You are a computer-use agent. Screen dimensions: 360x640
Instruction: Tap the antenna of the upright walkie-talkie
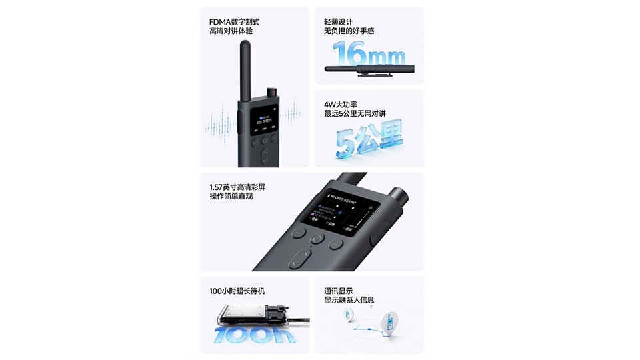[245, 70]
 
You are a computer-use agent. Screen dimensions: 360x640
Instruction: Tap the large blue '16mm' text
[368, 53]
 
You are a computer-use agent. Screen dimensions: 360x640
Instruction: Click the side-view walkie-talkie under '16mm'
[369, 69]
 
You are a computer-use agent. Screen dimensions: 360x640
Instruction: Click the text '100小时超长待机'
[241, 291]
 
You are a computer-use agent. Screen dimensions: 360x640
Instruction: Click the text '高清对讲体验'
[231, 31]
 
